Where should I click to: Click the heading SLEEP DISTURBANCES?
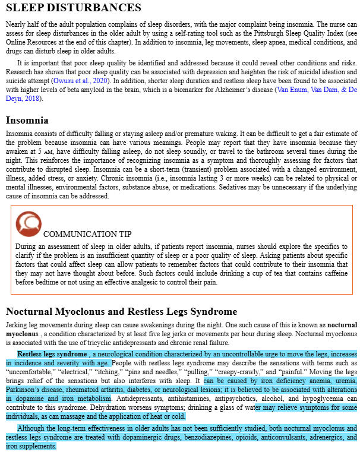tap(74, 8)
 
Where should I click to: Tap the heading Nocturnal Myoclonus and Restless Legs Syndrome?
tap(121, 312)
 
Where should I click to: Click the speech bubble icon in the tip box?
tap(28, 223)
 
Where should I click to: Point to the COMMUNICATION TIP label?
tap(87, 234)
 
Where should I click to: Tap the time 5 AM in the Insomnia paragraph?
tap(55, 151)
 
